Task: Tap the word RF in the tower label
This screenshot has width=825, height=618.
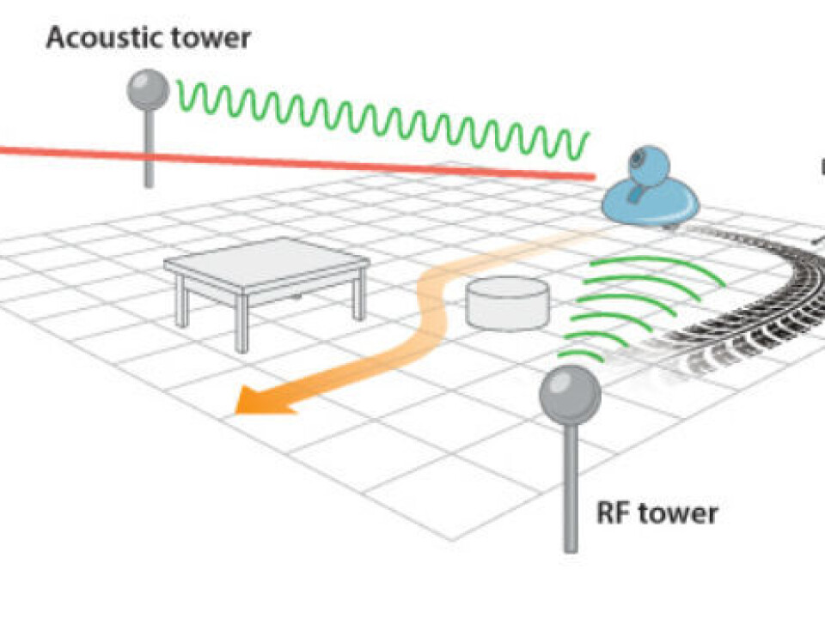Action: pos(614,513)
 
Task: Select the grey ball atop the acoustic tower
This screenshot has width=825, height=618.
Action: pos(148,88)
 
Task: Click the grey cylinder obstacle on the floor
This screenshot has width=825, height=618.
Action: pos(507,305)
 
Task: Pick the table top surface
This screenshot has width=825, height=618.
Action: pos(266,261)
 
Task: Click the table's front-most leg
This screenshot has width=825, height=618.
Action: pos(241,324)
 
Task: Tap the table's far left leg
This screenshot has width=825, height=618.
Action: pos(181,302)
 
